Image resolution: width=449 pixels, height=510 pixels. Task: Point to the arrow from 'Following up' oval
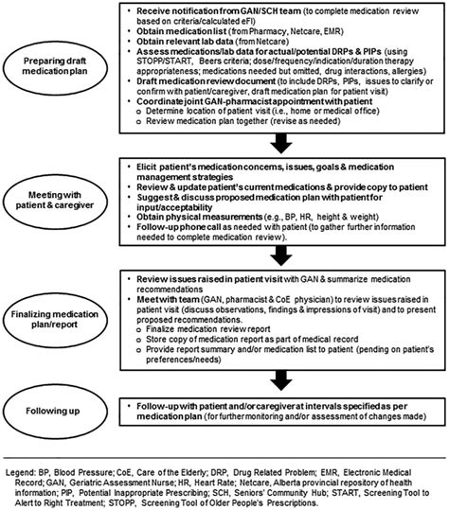pyautogui.click(x=106, y=412)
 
